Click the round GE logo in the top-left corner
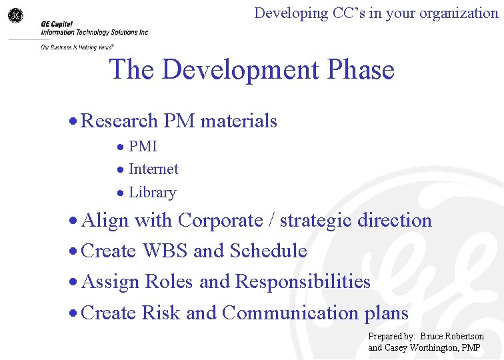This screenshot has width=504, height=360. point(15,15)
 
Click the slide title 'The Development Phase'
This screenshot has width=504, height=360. point(251,69)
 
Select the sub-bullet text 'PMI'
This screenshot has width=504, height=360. point(143,146)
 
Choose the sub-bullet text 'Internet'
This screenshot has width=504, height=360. point(153,169)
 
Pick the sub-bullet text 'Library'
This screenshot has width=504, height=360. point(152,193)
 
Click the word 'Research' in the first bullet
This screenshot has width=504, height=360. point(119,121)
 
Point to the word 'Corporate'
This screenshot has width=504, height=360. point(221,220)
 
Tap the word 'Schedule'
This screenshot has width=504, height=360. point(268,251)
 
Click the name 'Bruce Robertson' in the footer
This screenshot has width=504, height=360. point(452,336)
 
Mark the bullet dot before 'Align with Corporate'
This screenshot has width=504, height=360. point(74,221)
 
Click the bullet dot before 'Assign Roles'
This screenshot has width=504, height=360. point(74,282)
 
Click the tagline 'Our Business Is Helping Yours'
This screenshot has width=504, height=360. point(76,47)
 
